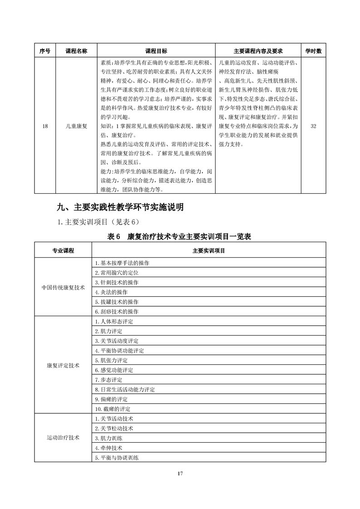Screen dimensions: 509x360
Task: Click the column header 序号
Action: pos(44,51)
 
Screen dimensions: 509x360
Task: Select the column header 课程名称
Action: pos(76,51)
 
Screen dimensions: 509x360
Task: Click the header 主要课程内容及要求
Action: pos(258,51)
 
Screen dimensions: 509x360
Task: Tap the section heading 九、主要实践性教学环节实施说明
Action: pos(120,208)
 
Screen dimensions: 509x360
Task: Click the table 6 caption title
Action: pos(179,236)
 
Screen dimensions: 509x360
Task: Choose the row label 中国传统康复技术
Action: pos(63,287)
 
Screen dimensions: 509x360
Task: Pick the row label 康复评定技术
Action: pos(63,365)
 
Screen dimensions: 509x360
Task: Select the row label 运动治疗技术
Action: pos(63,438)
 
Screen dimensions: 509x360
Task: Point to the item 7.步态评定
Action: pos(108,380)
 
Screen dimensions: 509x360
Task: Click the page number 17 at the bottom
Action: pos(180,474)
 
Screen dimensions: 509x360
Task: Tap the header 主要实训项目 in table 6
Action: pos(208,250)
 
